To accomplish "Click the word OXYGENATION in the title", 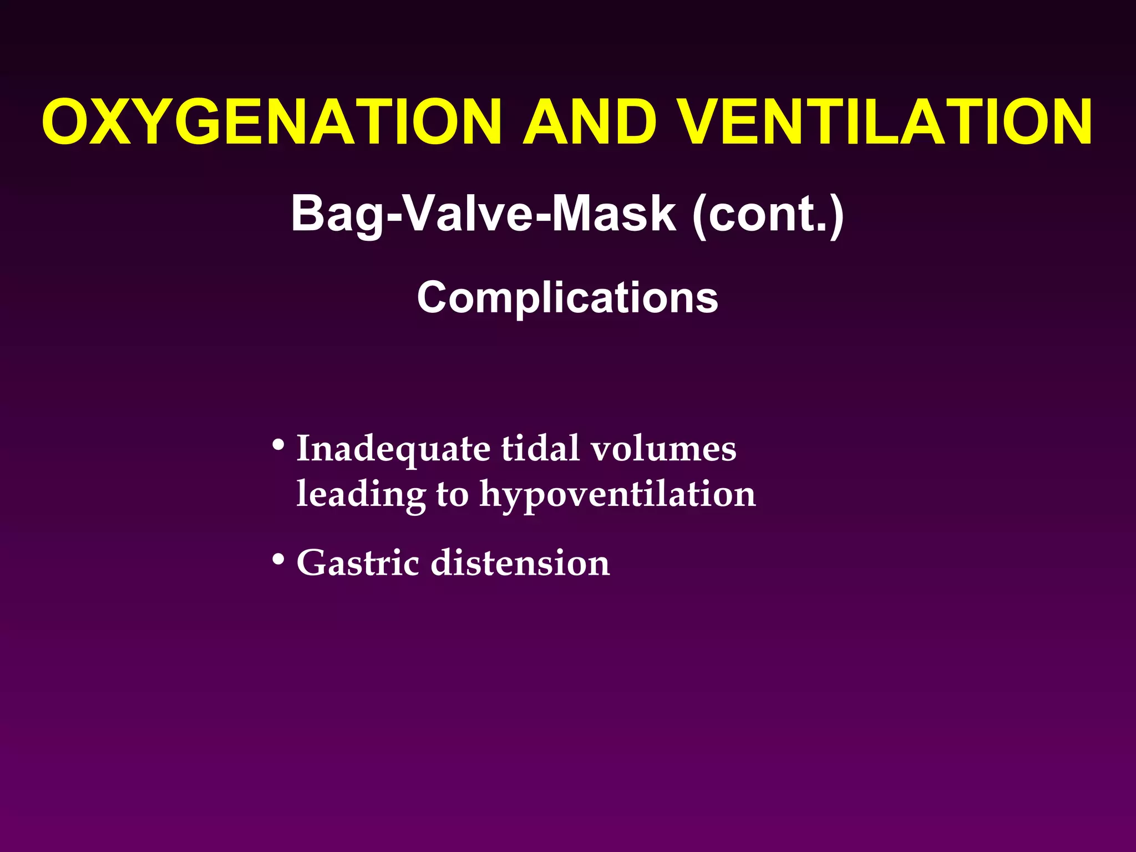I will (272, 122).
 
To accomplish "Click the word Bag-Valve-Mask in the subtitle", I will (483, 214).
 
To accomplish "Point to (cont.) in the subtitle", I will (768, 214).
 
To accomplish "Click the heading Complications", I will (567, 297).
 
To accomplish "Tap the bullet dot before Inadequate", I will (278, 445).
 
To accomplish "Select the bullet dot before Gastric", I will (278, 560).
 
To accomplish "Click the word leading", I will (361, 494).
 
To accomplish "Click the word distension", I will (520, 563).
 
